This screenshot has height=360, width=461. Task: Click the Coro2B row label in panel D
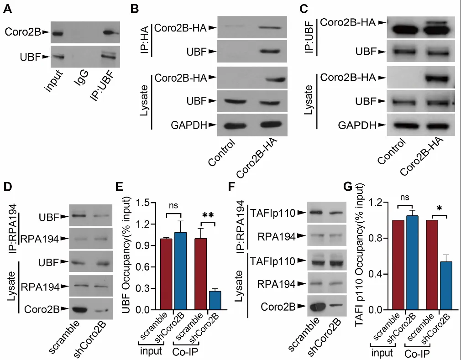click(x=45, y=309)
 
